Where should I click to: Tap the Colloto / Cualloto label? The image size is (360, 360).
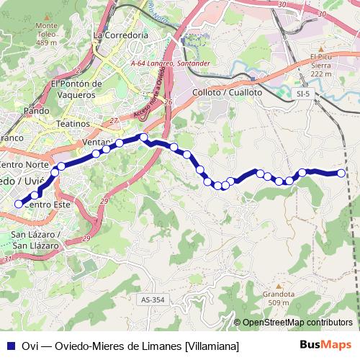click(x=228, y=92)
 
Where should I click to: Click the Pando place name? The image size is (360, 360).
click(x=36, y=111)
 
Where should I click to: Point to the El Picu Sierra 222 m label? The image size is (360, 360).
click(x=320, y=65)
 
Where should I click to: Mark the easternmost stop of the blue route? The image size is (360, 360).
click(x=341, y=173)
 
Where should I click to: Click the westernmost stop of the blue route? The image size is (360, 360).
click(x=19, y=204)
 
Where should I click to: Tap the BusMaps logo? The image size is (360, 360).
click(x=325, y=346)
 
